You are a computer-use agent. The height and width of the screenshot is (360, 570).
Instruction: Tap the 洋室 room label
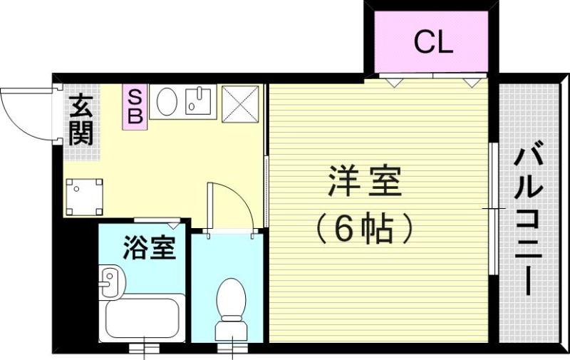(366, 183)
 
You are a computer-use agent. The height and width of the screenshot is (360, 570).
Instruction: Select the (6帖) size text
(366, 230)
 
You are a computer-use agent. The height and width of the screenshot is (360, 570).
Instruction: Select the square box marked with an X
(239, 104)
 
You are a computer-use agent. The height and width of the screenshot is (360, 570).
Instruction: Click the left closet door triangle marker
(393, 83)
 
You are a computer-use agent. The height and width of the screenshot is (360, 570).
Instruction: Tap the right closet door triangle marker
(471, 83)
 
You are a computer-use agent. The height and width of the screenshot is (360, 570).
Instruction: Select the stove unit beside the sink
(199, 101)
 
